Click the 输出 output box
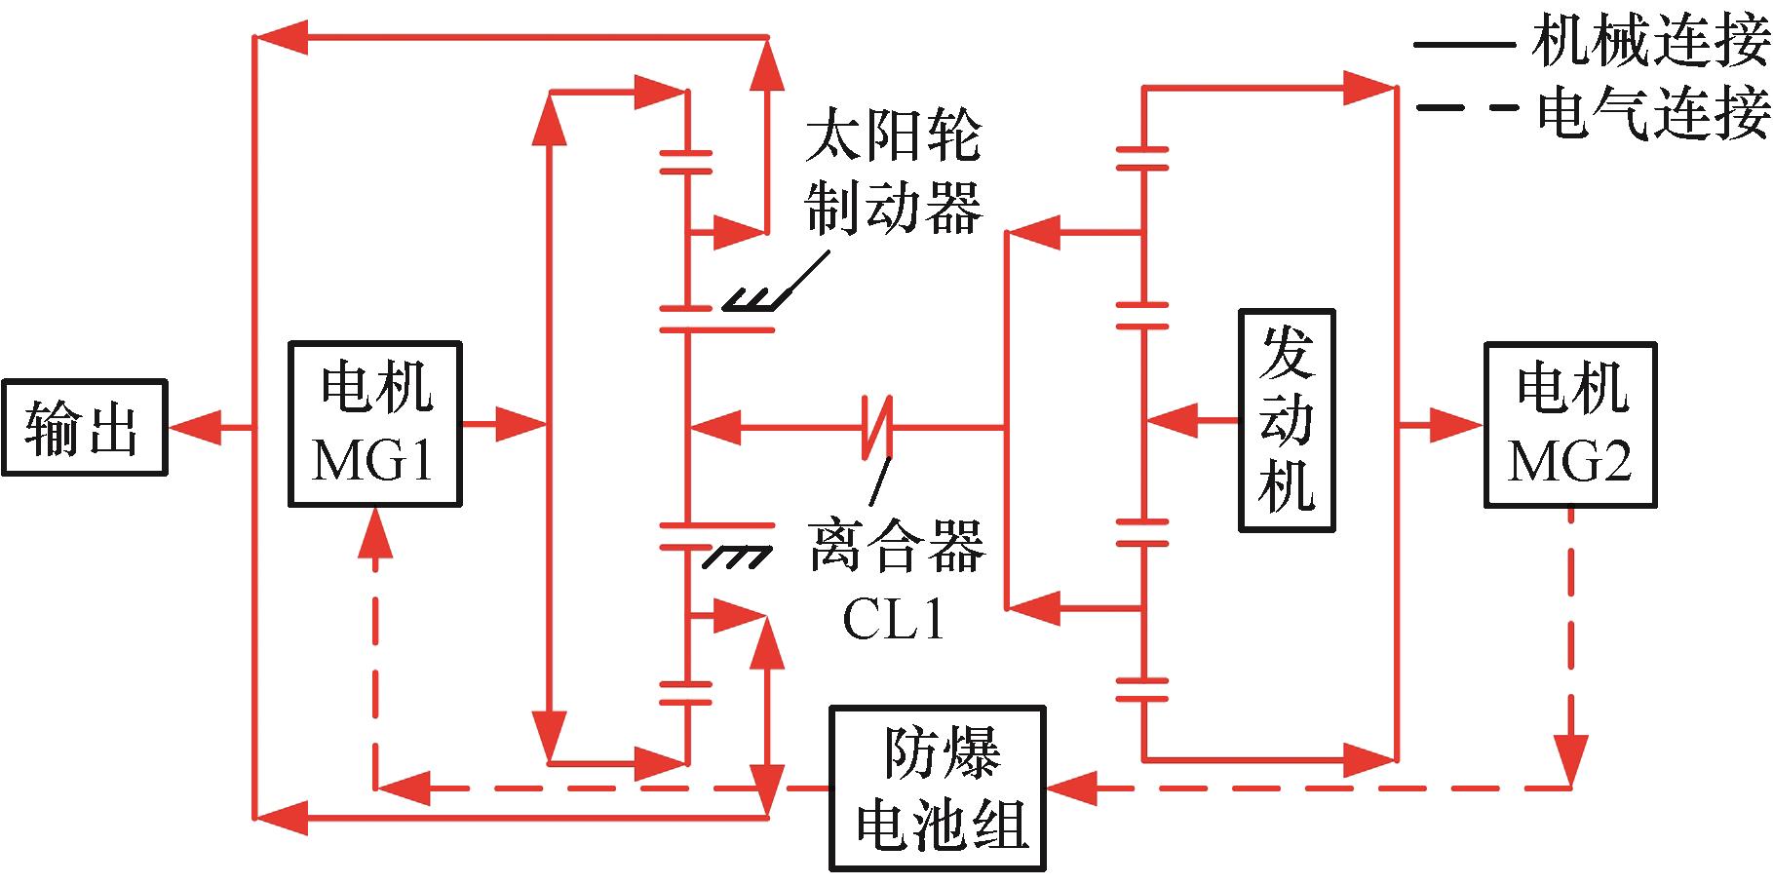coord(84,427)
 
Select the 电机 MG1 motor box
coord(375,424)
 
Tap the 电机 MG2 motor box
coord(1569,424)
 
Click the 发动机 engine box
coord(1287,421)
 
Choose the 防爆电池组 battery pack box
coord(938,788)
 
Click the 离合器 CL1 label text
coord(895,580)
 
